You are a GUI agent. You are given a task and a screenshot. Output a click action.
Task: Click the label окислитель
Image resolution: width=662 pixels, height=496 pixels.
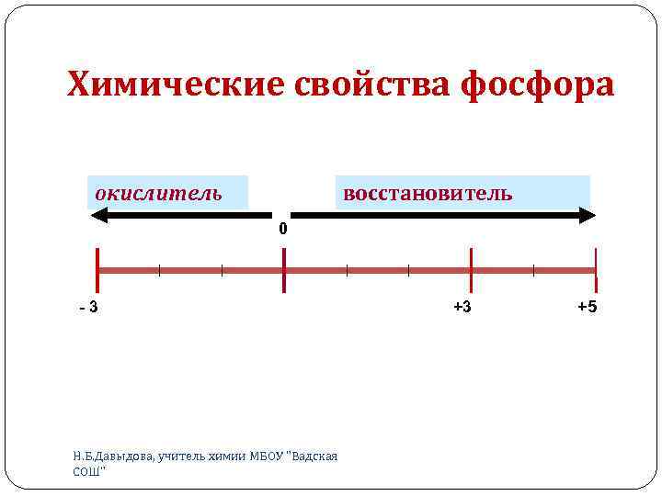pos(158,194)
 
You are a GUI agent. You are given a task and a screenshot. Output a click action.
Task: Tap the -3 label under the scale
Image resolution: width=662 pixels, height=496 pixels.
pos(88,307)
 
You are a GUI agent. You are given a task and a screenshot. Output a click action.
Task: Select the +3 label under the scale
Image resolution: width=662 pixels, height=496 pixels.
pos(462,307)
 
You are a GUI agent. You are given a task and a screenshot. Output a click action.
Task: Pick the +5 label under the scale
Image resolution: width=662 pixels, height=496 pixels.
pos(587,307)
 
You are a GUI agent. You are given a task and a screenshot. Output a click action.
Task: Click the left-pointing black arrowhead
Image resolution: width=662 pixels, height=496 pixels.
pos(99,217)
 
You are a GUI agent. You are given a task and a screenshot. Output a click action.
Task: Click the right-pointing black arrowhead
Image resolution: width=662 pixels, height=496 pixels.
pos(588,217)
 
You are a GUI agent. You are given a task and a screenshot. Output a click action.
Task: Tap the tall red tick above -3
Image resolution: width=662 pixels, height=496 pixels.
pos(97,270)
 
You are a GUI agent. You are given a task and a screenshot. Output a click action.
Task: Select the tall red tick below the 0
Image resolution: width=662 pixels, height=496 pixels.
pos(284,270)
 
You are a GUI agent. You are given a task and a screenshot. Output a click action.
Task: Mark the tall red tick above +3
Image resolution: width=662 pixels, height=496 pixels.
pos(471,270)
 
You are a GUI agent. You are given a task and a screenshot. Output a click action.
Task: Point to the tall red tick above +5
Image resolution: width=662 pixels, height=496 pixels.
pos(596,270)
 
